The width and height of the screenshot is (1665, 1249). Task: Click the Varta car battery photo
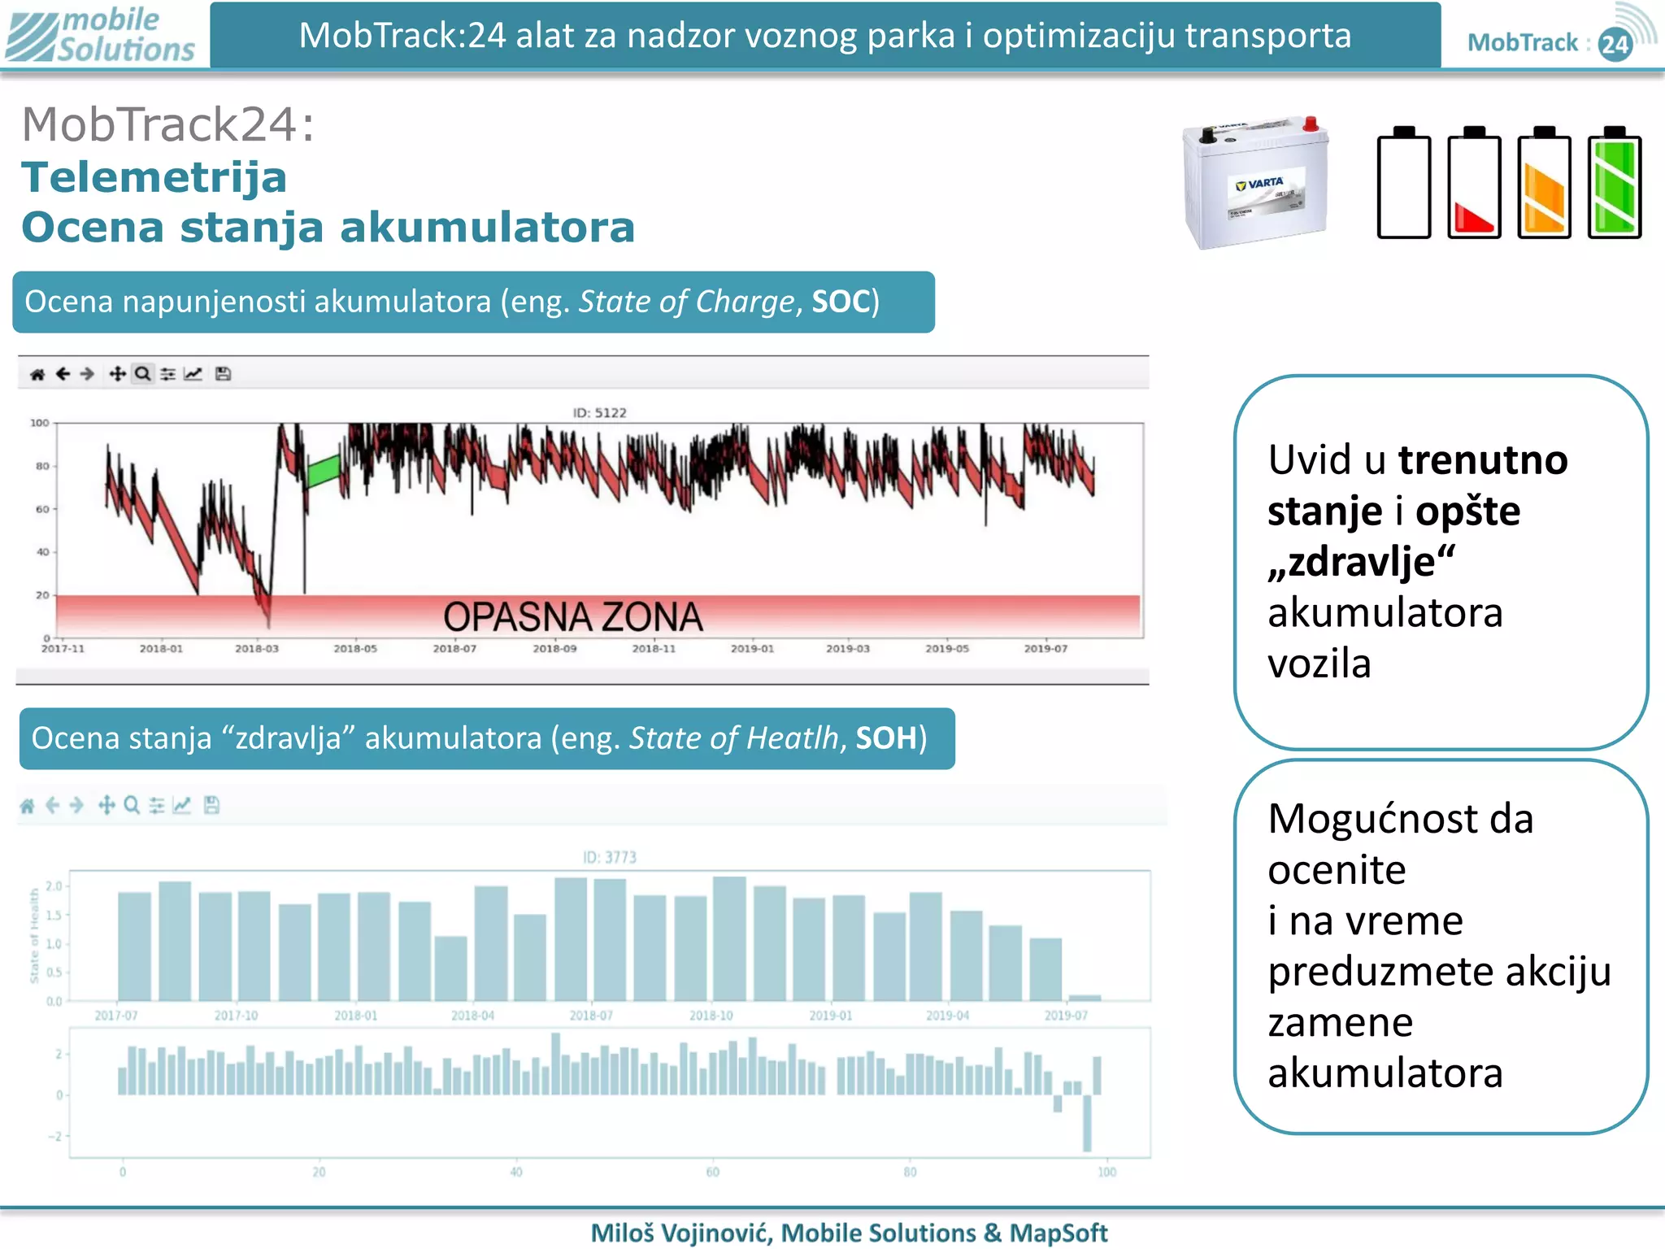(x=1256, y=183)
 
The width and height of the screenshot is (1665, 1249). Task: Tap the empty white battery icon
(x=1404, y=183)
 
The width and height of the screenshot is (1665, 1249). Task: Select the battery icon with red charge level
(x=1474, y=183)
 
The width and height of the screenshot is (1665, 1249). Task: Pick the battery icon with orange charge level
(x=1544, y=183)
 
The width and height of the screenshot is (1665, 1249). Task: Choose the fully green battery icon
(x=1615, y=183)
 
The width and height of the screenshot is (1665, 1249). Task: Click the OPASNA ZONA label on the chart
(x=572, y=617)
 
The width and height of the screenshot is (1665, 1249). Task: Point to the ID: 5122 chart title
(x=599, y=413)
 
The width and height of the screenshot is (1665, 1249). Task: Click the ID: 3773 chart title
(x=609, y=857)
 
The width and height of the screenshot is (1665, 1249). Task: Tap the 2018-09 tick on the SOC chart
(x=554, y=649)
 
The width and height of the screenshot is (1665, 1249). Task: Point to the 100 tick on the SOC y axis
(x=39, y=423)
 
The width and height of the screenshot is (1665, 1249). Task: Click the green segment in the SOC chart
(x=324, y=471)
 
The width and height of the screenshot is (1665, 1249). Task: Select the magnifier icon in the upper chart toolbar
(x=142, y=374)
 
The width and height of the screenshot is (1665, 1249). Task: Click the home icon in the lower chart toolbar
(x=27, y=806)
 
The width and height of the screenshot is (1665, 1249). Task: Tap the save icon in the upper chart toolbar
(x=223, y=374)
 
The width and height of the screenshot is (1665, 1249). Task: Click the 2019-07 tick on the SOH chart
(x=1065, y=1016)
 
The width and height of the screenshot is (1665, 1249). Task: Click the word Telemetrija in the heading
(x=154, y=177)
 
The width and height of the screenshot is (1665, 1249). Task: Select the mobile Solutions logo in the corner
(x=101, y=35)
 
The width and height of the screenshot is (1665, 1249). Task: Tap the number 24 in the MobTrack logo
(x=1614, y=44)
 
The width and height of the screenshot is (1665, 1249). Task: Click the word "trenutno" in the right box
(x=1482, y=460)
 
